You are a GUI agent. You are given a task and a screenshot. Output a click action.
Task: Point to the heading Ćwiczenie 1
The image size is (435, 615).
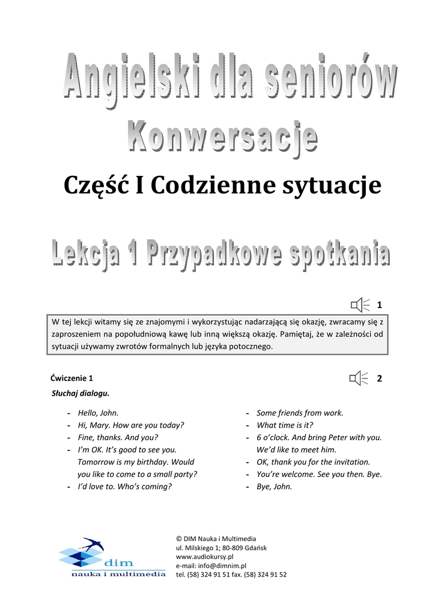pyautogui.click(x=73, y=378)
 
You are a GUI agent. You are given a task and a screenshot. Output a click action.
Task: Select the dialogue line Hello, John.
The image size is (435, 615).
pyautogui.click(x=98, y=413)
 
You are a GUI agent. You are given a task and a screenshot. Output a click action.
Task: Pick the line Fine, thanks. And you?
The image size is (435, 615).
pyautogui.click(x=118, y=437)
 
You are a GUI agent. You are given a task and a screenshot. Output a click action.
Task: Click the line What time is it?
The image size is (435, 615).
pyautogui.click(x=284, y=425)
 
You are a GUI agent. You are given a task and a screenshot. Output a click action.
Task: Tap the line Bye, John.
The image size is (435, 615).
pyautogui.click(x=274, y=486)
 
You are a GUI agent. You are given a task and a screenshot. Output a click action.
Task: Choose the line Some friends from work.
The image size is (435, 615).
pyautogui.click(x=300, y=413)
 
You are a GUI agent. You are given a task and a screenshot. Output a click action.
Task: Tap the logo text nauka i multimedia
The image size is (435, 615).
pyautogui.click(x=118, y=574)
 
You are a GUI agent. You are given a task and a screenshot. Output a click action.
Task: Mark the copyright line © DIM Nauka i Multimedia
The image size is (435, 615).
pyautogui.click(x=216, y=539)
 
